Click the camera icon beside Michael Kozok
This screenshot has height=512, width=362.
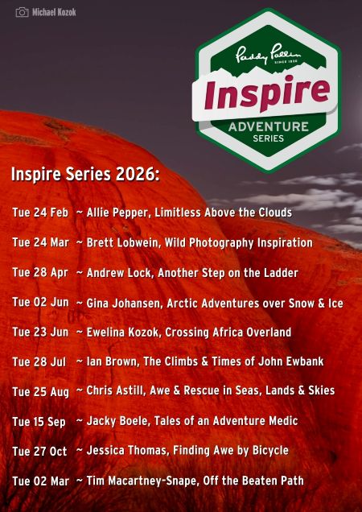coord(23,12)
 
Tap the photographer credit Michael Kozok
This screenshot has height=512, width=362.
coord(54,12)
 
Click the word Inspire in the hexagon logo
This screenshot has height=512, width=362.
coord(266,92)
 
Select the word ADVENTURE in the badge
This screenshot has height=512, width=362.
coord(269,127)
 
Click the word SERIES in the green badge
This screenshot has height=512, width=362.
coord(269,138)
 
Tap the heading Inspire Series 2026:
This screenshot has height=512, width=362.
coord(85,175)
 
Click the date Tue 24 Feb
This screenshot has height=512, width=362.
coord(40,213)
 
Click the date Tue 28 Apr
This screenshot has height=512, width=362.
coord(40,272)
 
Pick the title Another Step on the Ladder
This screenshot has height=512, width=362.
coord(228,273)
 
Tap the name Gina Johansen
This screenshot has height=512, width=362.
coord(124,303)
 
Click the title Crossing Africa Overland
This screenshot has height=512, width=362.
coord(228,332)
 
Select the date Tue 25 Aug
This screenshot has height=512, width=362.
coord(41,391)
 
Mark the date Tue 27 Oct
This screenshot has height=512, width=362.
coord(39,452)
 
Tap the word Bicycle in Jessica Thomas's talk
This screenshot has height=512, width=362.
coord(270,451)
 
